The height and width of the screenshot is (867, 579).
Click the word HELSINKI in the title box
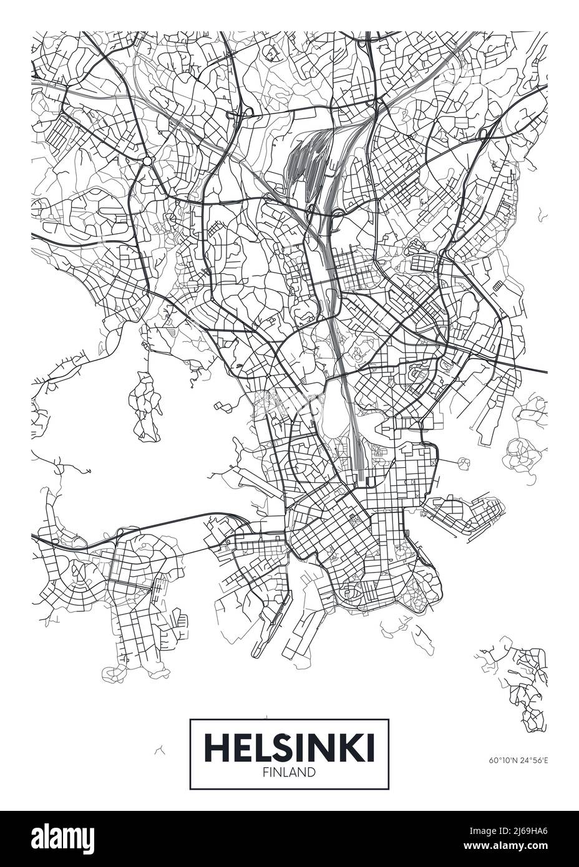(289, 747)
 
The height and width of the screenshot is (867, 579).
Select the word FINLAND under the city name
(289, 773)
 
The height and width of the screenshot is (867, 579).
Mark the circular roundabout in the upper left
(147, 162)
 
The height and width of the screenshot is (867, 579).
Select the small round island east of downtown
(464, 462)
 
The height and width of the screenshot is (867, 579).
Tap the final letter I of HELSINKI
(370, 747)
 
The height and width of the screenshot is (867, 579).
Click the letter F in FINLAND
(267, 773)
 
